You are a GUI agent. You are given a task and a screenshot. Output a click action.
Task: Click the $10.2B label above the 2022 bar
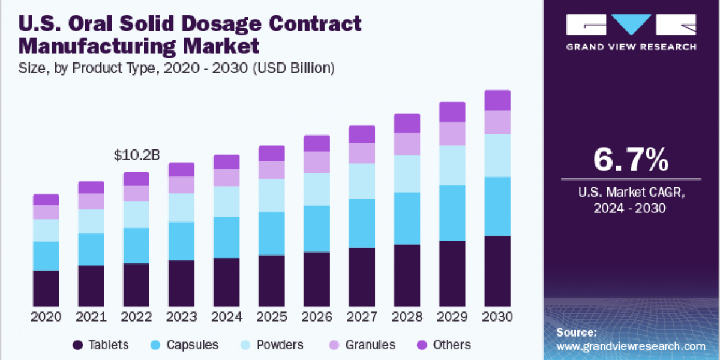click(136, 156)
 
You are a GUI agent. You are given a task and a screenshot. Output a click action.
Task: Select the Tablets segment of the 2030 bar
click(497, 271)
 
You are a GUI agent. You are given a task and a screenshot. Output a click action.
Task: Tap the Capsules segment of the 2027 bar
click(362, 223)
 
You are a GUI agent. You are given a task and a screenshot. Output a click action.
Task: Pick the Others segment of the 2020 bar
click(46, 200)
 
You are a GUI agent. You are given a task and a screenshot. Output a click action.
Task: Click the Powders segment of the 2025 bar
click(272, 195)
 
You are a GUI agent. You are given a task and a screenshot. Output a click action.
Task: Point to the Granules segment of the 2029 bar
click(452, 134)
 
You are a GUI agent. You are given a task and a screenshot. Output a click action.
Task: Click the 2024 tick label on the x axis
click(226, 316)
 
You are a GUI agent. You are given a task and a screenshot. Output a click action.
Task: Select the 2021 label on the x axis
click(91, 316)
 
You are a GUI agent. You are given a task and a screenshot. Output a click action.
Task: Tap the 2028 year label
click(407, 316)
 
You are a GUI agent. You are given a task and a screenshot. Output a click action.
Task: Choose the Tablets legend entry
click(100, 345)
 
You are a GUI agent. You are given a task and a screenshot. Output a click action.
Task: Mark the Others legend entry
click(443, 345)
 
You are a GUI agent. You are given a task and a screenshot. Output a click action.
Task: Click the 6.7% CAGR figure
click(631, 160)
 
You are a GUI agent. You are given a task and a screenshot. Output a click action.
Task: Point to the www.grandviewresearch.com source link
click(631, 346)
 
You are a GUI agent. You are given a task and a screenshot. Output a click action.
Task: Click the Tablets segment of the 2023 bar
click(181, 283)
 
